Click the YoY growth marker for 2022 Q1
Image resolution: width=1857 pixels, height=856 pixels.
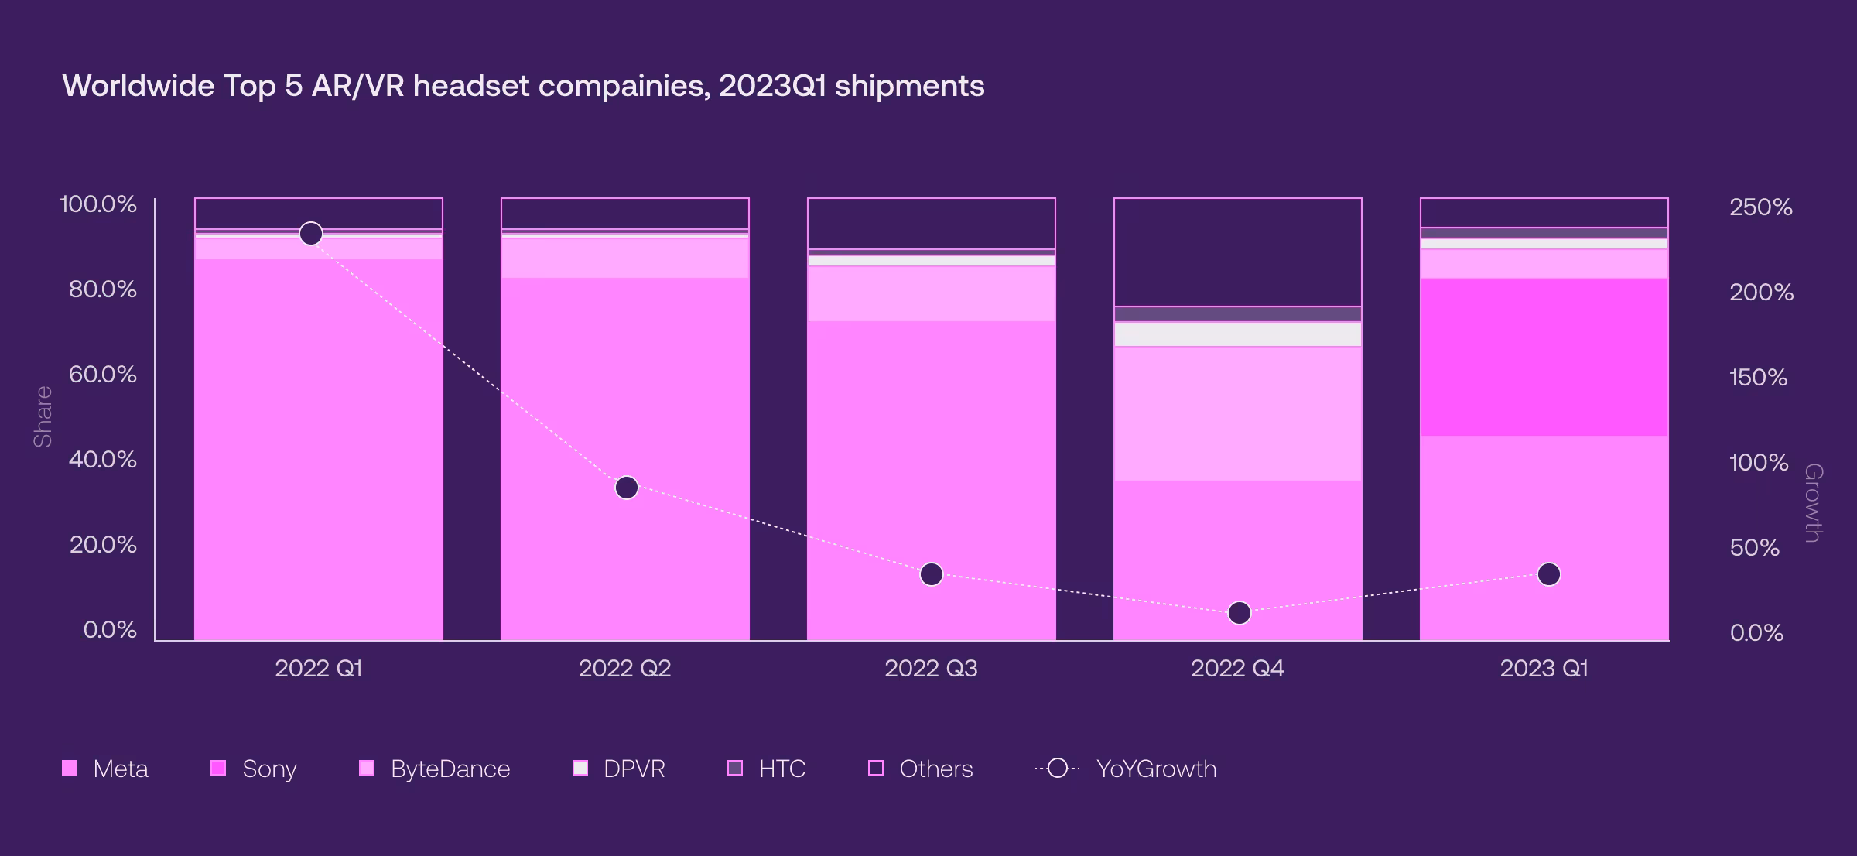pos(311,233)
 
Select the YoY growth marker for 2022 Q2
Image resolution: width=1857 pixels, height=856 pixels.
pos(626,488)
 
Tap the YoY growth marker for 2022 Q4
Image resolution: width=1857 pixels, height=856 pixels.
pos(1240,613)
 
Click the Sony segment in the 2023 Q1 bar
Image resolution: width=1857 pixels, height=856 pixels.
pos(1544,357)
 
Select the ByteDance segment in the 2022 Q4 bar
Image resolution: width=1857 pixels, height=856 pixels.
pos(1238,413)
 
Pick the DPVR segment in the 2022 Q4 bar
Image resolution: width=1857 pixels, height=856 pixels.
pos(1238,334)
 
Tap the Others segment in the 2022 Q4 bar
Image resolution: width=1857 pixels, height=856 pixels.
pos(1238,252)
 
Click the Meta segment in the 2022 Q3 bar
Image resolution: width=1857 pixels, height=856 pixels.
pos(932,480)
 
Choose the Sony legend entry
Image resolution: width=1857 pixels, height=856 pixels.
pos(254,769)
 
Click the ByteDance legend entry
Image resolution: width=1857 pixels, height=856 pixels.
pos(435,769)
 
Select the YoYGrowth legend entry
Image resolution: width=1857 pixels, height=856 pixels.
pos(1126,769)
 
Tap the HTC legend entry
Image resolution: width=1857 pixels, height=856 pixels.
pos(767,769)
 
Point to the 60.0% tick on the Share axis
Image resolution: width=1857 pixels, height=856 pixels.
pos(103,375)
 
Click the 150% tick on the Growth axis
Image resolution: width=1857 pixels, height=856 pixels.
pos(1758,378)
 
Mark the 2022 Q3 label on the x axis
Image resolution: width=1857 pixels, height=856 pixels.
pos(931,668)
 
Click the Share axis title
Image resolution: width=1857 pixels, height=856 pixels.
pos(43,416)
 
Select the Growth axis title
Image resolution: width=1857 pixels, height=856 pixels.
pos(1813,503)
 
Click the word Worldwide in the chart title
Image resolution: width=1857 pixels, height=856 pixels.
pos(139,86)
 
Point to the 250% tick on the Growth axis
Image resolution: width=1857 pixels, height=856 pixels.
pos(1760,207)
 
